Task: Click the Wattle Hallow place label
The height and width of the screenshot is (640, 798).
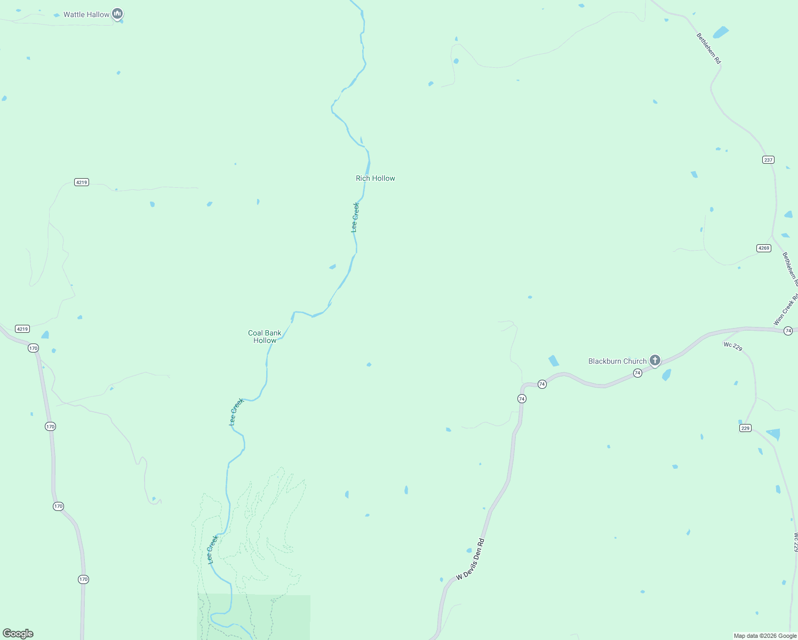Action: click(x=86, y=14)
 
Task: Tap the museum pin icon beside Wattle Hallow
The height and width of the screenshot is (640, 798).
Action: click(x=117, y=14)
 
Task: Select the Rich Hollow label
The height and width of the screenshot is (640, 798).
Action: click(x=376, y=178)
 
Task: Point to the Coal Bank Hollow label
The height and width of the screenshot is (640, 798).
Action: click(x=265, y=337)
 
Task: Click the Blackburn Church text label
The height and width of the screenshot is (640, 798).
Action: click(x=617, y=361)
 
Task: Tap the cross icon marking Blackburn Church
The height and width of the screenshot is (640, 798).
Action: click(x=655, y=361)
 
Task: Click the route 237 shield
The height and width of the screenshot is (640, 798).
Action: click(x=768, y=159)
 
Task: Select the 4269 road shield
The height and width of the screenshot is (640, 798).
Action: click(x=764, y=248)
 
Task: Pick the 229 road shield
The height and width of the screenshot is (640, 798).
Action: click(x=745, y=428)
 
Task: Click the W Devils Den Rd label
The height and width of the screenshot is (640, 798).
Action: click(x=470, y=559)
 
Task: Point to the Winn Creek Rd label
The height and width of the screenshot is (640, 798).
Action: click(x=786, y=309)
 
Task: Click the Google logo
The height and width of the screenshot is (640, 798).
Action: click(x=18, y=634)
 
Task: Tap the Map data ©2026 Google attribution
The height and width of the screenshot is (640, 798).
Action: click(x=765, y=636)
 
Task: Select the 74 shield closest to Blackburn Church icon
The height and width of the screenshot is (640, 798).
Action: click(x=637, y=373)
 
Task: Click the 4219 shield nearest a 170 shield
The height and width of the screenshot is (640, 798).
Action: click(x=22, y=329)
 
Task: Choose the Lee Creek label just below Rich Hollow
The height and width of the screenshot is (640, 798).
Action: click(x=355, y=217)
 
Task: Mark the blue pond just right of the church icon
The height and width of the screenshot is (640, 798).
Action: click(x=666, y=375)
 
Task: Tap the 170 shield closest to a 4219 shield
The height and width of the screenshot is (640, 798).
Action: click(x=34, y=348)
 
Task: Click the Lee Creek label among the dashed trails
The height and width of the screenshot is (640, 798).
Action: click(x=213, y=549)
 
